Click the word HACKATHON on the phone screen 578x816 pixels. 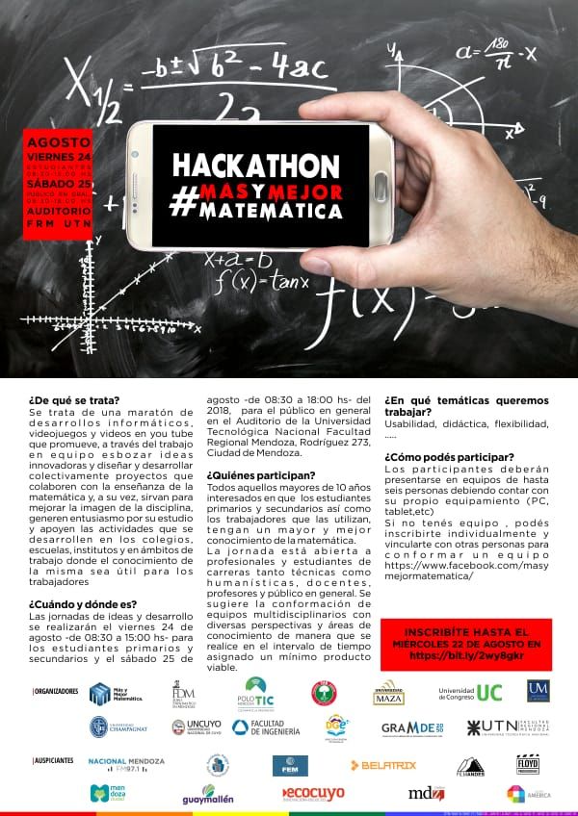pos(256,165)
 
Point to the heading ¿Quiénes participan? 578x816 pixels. pos(261,474)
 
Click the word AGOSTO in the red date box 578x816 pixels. pos(60,140)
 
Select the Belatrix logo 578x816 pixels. pos(382,765)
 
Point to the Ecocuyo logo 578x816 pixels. pos(312,794)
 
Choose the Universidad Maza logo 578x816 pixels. pos(389,693)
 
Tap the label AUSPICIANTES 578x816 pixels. pos(54,760)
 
